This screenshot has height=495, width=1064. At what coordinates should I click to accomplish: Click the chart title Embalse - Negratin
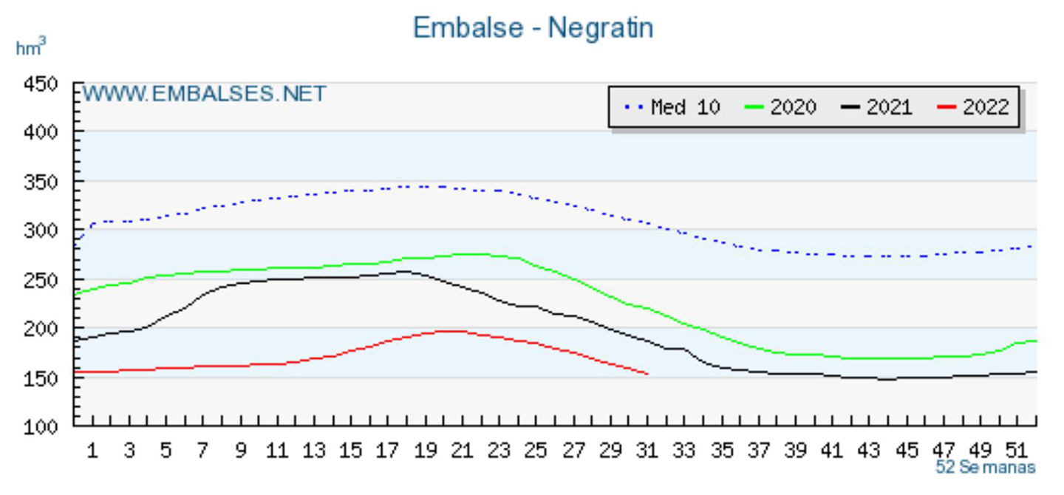[533, 28]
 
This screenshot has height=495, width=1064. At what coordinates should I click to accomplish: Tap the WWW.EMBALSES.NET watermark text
[204, 95]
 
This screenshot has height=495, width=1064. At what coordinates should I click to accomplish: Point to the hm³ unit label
[30, 49]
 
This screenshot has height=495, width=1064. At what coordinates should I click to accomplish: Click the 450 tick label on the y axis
[41, 83]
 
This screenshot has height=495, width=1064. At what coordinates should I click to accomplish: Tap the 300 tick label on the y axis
[41, 231]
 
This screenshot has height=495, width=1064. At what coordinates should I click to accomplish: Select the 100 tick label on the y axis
[41, 426]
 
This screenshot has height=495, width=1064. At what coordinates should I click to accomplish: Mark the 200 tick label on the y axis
[41, 328]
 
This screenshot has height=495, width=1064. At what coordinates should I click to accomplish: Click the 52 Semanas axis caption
[985, 468]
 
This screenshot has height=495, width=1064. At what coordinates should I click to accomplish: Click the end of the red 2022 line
[648, 374]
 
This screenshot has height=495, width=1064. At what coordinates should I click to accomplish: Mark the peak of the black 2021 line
[403, 271]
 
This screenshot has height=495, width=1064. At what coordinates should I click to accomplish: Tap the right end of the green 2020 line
[1036, 341]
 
